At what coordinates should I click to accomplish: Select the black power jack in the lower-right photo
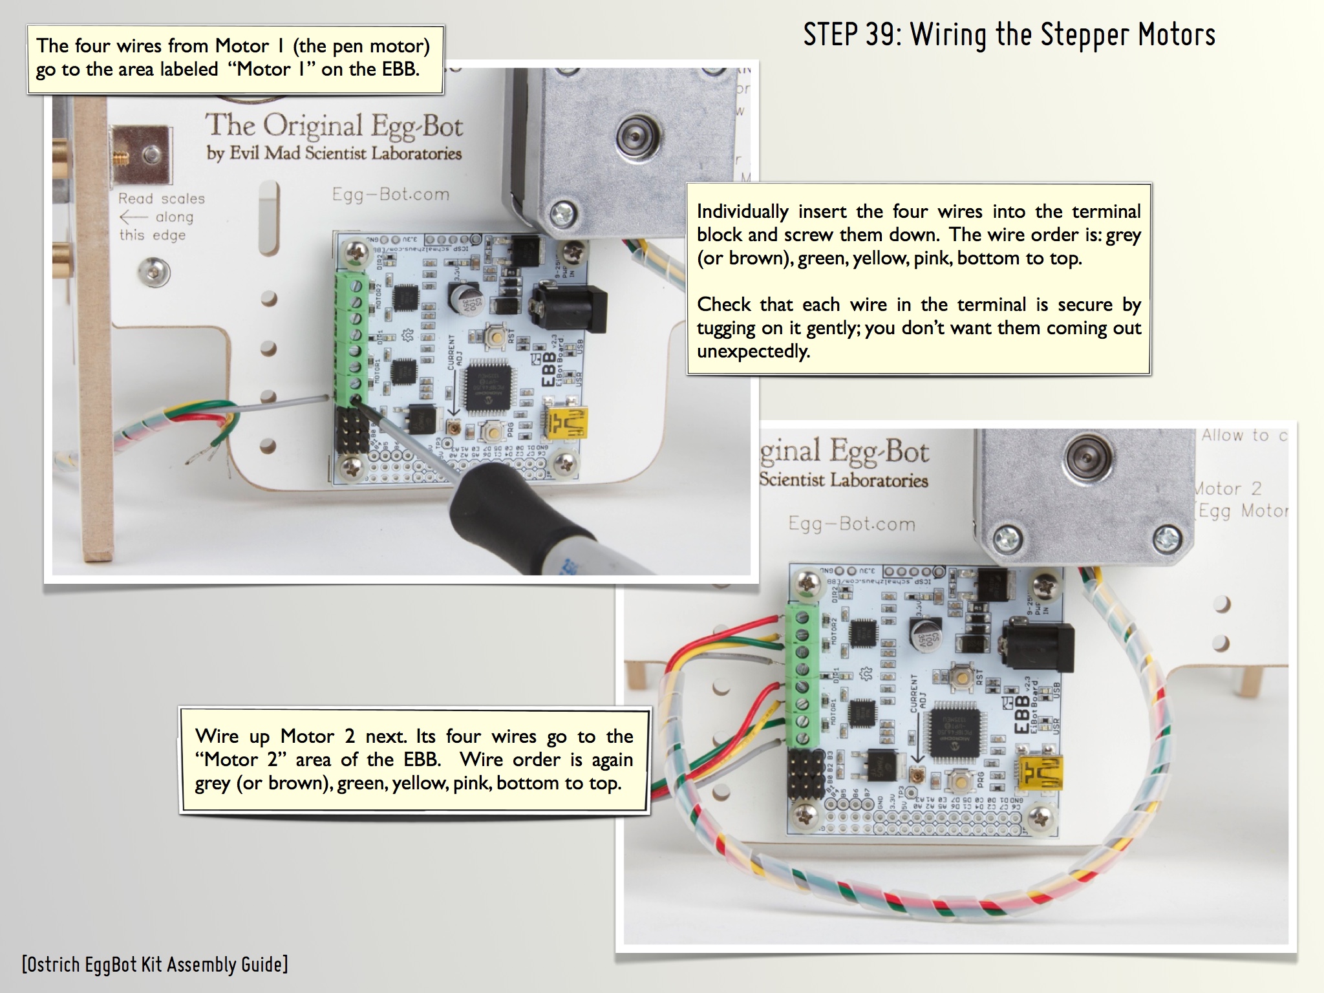tap(1038, 647)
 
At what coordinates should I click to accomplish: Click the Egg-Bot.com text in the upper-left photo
tap(390, 194)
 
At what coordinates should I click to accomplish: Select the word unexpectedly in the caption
tap(753, 352)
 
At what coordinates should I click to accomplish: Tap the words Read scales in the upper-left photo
tap(161, 198)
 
